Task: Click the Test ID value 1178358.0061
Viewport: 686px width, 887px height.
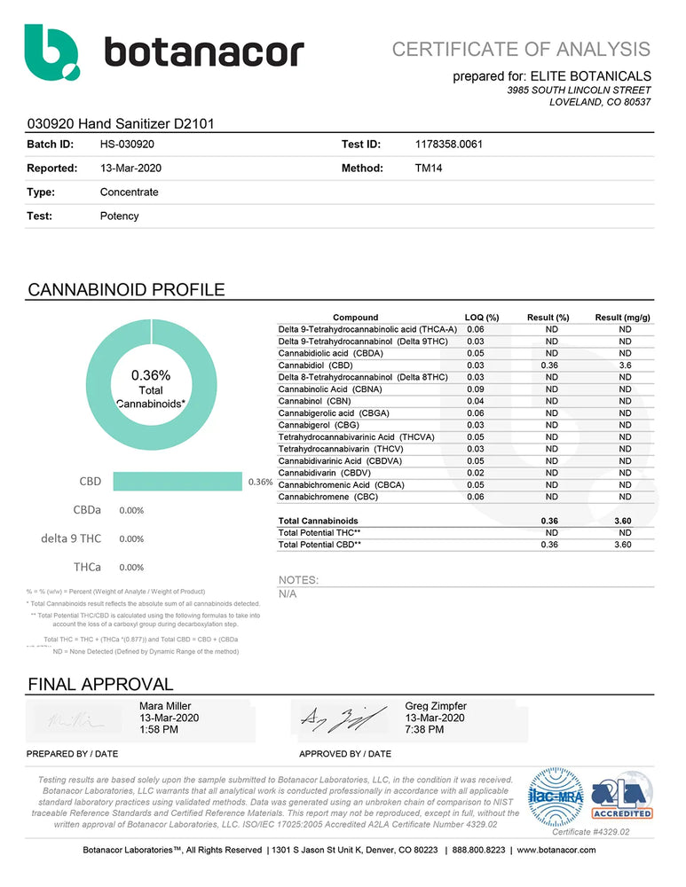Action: pyautogui.click(x=448, y=144)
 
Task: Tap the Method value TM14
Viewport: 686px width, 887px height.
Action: pyautogui.click(x=429, y=168)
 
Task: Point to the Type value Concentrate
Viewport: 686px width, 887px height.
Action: pyautogui.click(x=130, y=192)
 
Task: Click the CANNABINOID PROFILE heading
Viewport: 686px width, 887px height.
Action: pyautogui.click(x=126, y=290)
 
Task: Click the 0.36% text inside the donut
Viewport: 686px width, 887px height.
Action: pyautogui.click(x=151, y=375)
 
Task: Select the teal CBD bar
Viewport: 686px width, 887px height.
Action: pyautogui.click(x=177, y=482)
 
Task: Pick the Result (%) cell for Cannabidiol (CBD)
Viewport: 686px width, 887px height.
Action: pyautogui.click(x=551, y=365)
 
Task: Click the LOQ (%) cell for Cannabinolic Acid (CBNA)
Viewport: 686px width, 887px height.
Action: pyautogui.click(x=475, y=389)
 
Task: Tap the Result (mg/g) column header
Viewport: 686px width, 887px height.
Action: pyautogui.click(x=623, y=318)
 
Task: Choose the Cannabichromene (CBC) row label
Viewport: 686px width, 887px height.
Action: pyautogui.click(x=329, y=497)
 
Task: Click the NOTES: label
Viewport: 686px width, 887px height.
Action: pyautogui.click(x=298, y=580)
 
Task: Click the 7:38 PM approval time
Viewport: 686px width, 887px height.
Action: pyautogui.click(x=424, y=729)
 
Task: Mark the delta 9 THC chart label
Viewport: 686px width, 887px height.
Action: pyautogui.click(x=71, y=538)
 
